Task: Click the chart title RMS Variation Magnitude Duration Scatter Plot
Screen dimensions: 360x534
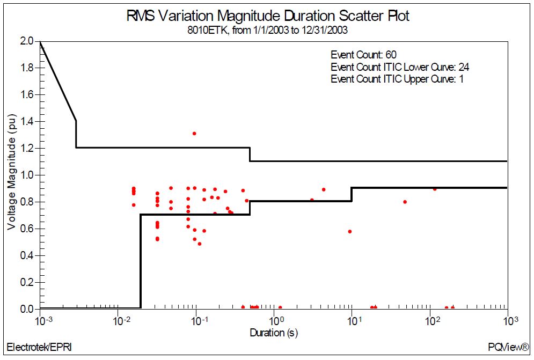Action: coord(267,16)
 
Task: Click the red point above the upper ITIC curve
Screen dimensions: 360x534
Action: coord(194,134)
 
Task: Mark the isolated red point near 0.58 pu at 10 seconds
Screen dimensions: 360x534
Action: coord(349,232)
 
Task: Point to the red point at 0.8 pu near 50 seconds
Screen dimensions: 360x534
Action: coord(405,202)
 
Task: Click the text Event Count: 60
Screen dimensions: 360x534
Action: coord(363,55)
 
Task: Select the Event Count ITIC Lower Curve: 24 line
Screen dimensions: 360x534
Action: coord(400,67)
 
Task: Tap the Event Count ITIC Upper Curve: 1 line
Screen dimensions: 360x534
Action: coord(397,79)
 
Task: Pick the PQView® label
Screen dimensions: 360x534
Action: coord(508,347)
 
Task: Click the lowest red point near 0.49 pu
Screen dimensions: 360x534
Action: coord(199,244)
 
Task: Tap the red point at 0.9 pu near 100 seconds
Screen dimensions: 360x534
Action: coord(435,189)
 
